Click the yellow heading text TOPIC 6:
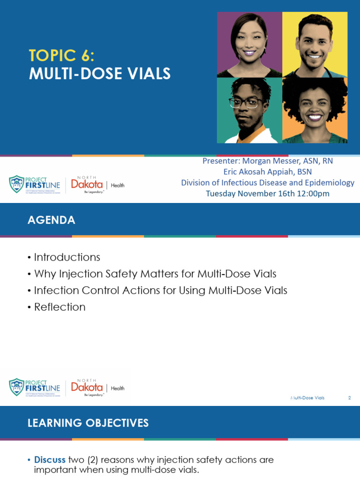[x=61, y=56]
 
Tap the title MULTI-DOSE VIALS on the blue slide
[x=100, y=74]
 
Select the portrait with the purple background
[x=249, y=45]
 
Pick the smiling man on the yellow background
[x=315, y=45]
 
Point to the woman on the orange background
[x=315, y=111]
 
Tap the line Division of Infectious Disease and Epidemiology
[x=268, y=182]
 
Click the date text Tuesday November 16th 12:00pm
[x=268, y=193]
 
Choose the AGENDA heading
[x=52, y=220]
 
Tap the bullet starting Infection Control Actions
[x=160, y=290]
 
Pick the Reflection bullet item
[x=60, y=307]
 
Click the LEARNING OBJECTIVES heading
[x=88, y=423]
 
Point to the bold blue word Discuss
[x=50, y=460]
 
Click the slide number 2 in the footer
[x=349, y=398]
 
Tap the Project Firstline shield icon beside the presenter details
[x=17, y=184]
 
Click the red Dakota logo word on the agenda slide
[x=87, y=387]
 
